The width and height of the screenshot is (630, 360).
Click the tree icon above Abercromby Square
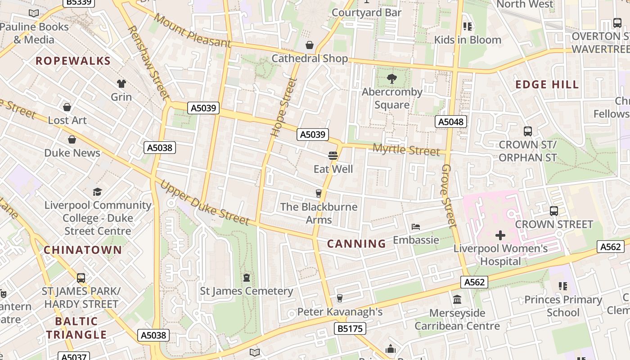(392, 79)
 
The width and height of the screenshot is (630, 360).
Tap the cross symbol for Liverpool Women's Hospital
(500, 235)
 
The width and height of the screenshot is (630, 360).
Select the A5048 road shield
(451, 121)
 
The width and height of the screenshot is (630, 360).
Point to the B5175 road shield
(350, 328)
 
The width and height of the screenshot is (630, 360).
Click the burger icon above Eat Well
(333, 156)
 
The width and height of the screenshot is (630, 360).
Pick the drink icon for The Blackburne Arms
(319, 193)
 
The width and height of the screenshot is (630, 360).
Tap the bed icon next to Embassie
(416, 227)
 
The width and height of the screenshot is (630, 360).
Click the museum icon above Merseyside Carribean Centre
(457, 300)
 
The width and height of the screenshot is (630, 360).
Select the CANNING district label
(356, 244)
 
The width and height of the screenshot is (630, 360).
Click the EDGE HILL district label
(547, 85)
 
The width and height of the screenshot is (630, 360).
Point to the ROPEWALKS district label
(73, 61)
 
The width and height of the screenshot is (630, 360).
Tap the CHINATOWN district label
(83, 250)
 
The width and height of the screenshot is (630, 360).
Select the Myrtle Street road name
(406, 150)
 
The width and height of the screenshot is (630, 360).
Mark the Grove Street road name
(449, 195)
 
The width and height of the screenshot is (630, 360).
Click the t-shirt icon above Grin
(121, 84)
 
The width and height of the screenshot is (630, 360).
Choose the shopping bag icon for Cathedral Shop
(310, 45)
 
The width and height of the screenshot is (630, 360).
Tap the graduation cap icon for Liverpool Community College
(97, 192)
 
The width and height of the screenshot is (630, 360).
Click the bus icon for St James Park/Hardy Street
(81, 278)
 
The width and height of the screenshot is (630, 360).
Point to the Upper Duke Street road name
(204, 203)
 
